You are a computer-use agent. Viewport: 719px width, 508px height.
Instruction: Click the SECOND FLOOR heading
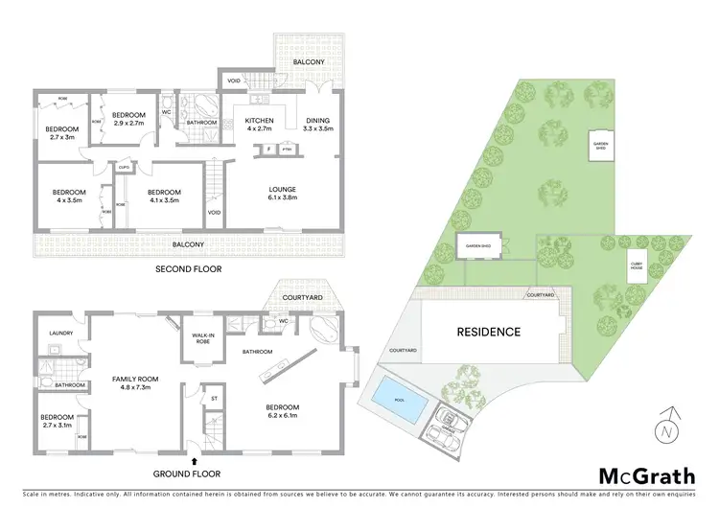(188, 269)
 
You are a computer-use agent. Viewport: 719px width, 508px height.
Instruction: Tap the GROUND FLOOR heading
(189, 473)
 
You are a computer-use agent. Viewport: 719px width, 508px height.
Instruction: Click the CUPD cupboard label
(124, 167)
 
